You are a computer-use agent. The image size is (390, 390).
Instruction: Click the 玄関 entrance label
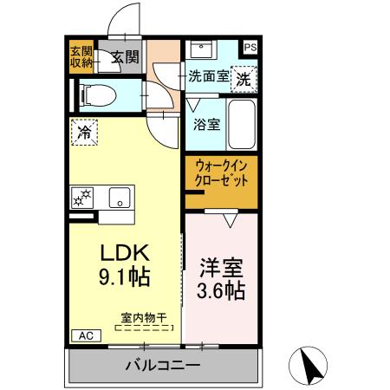point(126,58)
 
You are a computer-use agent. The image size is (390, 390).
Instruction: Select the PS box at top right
point(250,48)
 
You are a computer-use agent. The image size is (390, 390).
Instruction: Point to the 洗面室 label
point(209,76)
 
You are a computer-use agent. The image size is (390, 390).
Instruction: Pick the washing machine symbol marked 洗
point(245,76)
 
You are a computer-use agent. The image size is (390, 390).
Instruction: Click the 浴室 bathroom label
point(206,123)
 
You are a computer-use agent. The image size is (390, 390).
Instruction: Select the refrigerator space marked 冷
point(86,133)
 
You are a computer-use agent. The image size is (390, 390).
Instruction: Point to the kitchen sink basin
point(119,196)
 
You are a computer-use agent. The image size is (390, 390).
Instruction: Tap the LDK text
point(127,252)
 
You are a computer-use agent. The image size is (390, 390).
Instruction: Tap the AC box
point(86,335)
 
